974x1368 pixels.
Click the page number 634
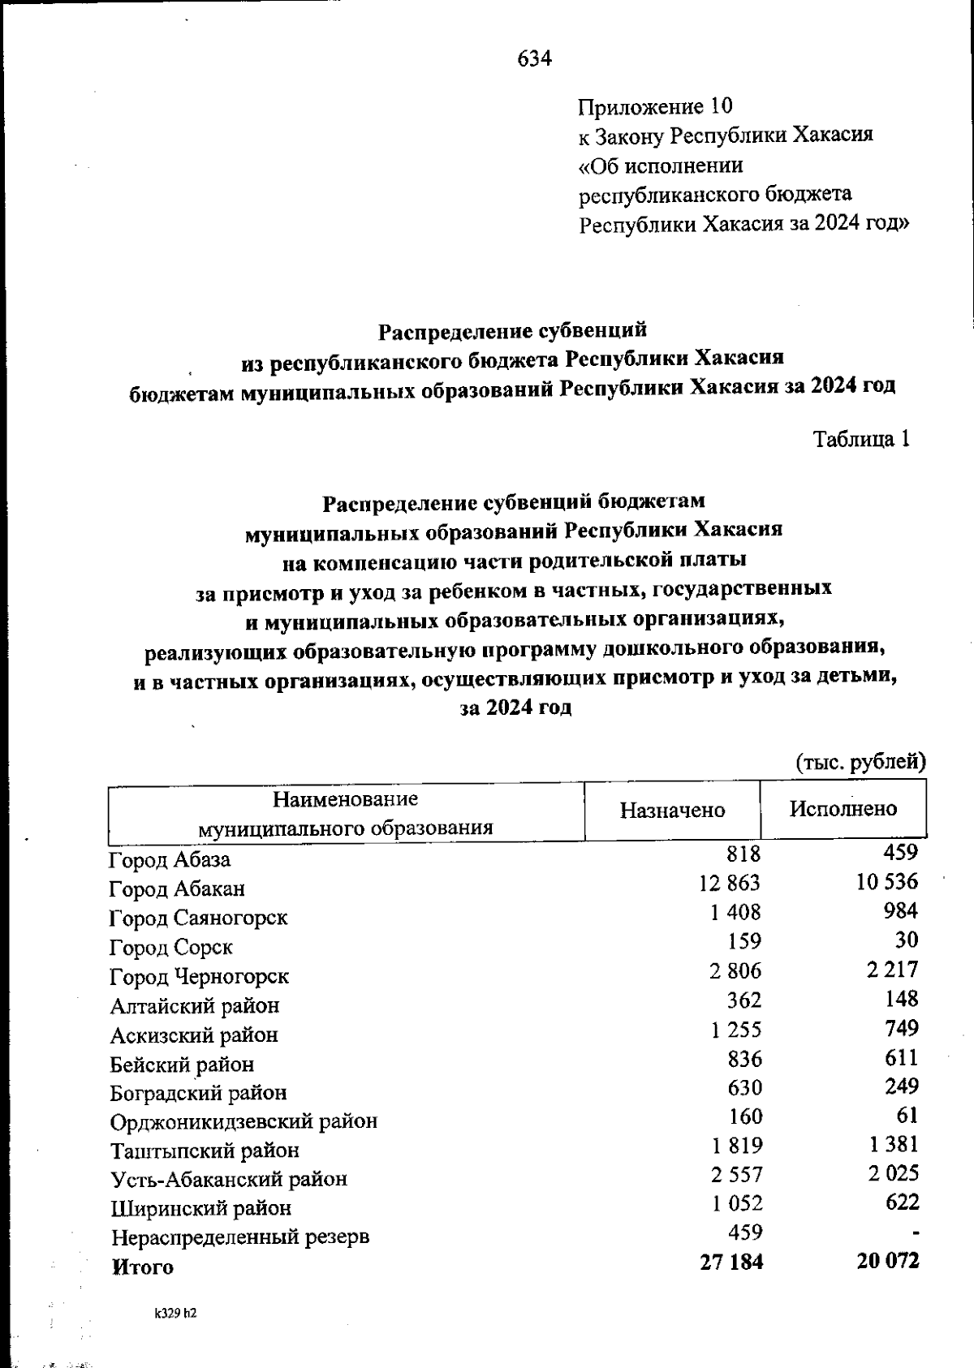[534, 58]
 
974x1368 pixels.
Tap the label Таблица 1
[861, 439]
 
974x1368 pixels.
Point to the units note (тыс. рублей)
[860, 762]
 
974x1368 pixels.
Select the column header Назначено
[672, 810]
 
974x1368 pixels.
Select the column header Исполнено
[843, 808]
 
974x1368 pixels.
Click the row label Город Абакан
[177, 889]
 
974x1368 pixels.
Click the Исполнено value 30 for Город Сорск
[907, 940]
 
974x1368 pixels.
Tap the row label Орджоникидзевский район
[243, 1122]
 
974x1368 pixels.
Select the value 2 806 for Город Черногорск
[735, 970]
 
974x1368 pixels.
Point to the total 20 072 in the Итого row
[887, 1261]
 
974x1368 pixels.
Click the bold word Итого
[142, 1267]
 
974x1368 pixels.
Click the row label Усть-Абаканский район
[229, 1179]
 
